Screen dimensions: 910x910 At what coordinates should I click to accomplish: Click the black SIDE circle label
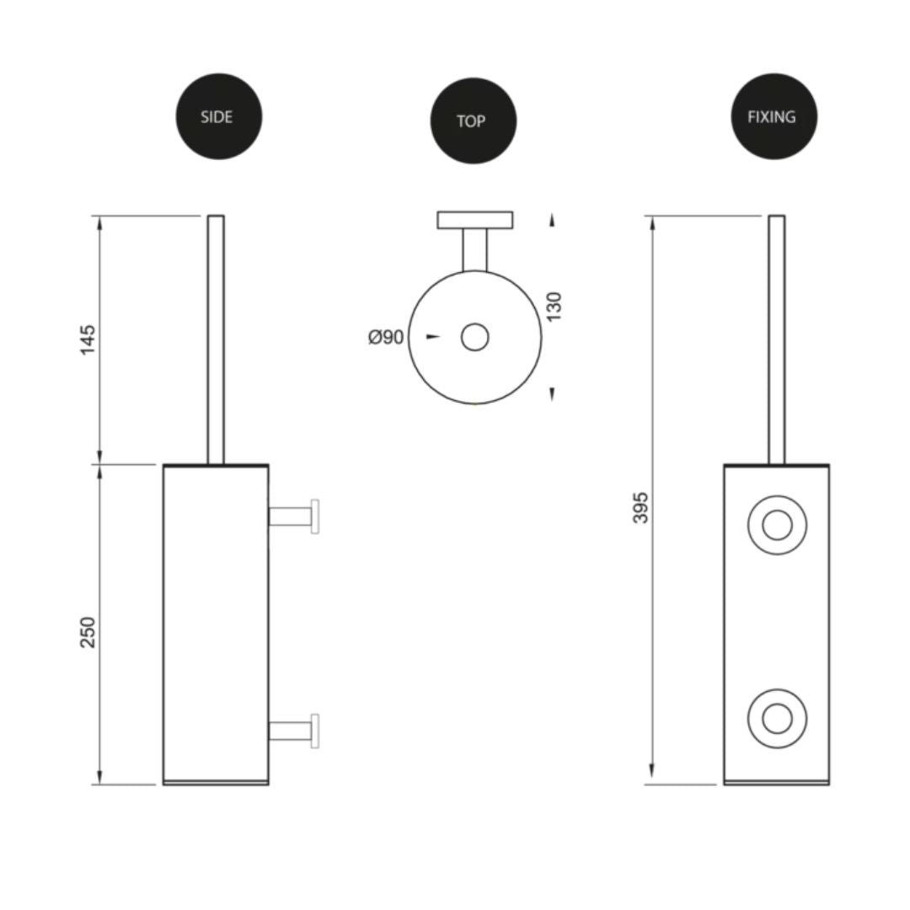(219, 116)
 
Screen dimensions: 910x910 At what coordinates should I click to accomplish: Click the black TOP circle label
(473, 120)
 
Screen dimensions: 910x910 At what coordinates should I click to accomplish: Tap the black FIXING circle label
(773, 116)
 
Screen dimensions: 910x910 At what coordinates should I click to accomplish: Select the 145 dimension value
(88, 339)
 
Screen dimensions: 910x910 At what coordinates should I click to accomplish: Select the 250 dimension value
(88, 632)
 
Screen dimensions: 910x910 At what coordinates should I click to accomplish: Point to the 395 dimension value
(641, 507)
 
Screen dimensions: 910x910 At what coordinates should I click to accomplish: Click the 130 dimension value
(554, 307)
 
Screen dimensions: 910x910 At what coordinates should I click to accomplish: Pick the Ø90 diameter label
(386, 337)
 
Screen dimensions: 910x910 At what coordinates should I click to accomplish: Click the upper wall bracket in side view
(293, 516)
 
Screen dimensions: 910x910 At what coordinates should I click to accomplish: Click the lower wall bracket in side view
(293, 731)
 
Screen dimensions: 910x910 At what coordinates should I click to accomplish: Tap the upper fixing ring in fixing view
(777, 525)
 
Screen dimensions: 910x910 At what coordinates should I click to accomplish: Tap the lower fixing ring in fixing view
(777, 719)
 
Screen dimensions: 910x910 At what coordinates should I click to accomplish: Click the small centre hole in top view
(474, 337)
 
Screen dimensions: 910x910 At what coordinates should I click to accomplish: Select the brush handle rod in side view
(216, 337)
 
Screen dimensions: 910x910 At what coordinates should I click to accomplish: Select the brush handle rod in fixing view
(776, 337)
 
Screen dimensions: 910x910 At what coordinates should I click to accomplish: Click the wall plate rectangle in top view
(474, 220)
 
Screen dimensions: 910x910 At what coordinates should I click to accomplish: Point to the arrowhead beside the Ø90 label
(433, 337)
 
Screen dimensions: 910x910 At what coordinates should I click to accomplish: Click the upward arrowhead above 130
(552, 221)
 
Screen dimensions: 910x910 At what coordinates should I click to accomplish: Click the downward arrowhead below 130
(552, 393)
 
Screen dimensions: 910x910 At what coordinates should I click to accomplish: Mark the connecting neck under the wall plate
(474, 249)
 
